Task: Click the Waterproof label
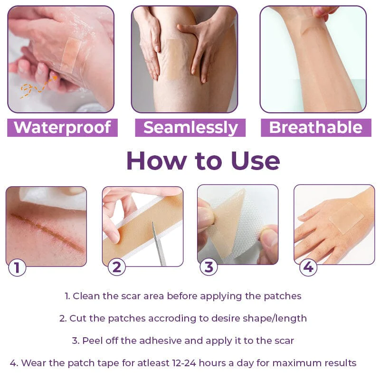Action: pyautogui.click(x=62, y=127)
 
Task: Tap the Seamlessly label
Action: pyautogui.click(x=190, y=127)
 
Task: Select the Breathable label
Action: pyautogui.click(x=316, y=127)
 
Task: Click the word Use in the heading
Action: pyautogui.click(x=256, y=161)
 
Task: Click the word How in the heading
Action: pyautogui.click(x=155, y=161)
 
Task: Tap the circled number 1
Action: pyautogui.click(x=17, y=268)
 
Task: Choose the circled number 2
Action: pyautogui.click(x=116, y=267)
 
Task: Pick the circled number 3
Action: pyautogui.click(x=209, y=267)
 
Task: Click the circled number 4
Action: pyautogui.click(x=308, y=267)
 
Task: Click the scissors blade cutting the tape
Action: pyautogui.click(x=159, y=242)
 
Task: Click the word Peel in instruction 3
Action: pyautogui.click(x=93, y=341)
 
